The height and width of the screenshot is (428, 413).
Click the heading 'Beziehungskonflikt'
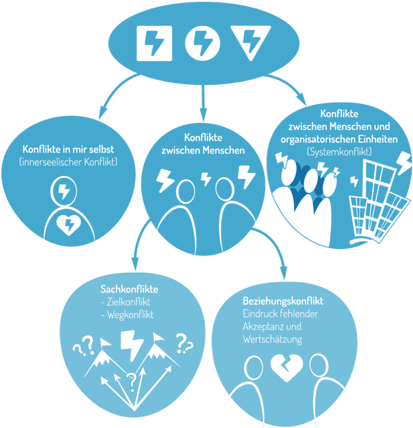(283, 301)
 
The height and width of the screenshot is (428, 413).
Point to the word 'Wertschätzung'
(273, 340)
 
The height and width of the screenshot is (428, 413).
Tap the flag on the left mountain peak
(106, 341)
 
